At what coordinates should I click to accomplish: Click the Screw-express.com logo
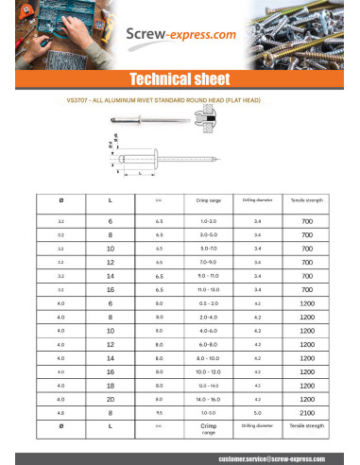(x=180, y=36)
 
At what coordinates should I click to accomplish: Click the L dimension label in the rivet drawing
(x=141, y=174)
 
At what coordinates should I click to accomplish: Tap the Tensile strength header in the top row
(x=306, y=200)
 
